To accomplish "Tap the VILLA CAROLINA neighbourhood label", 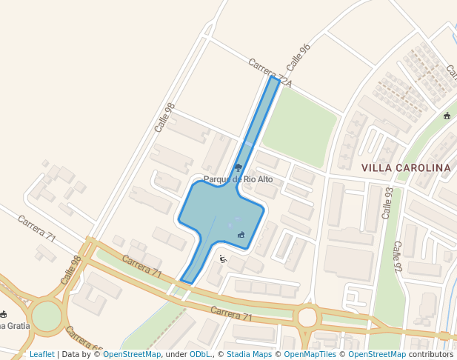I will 406,168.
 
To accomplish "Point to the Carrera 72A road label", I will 270,73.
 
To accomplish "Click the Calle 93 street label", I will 387,202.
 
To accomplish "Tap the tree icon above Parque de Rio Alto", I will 238,167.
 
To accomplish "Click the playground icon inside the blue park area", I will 241,235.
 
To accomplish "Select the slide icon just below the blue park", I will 222,259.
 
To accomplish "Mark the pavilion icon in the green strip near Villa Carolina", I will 447,116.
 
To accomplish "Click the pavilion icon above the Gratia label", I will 3,314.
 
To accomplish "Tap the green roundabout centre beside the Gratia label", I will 46,316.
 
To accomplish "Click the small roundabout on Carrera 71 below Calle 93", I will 306,317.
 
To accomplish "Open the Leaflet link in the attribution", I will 41,355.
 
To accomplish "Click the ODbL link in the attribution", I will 200,355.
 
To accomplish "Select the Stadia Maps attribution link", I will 249,355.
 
